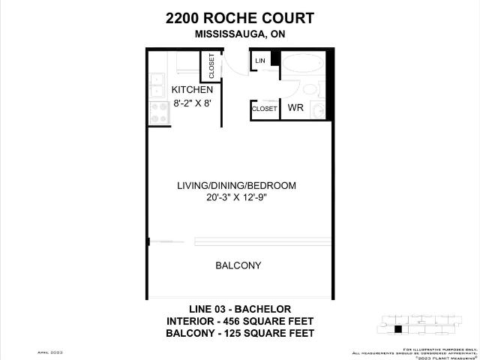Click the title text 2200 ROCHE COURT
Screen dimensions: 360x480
(x=239, y=18)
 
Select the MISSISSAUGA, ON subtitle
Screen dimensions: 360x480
(x=239, y=34)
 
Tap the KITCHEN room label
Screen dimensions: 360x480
(x=176, y=90)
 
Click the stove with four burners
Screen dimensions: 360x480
(x=159, y=112)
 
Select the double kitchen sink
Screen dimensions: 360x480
(x=157, y=85)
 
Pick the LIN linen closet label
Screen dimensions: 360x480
(x=260, y=61)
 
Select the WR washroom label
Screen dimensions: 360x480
(x=295, y=108)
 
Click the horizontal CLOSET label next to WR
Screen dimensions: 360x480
(x=264, y=109)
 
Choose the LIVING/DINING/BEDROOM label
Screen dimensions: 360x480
(x=236, y=185)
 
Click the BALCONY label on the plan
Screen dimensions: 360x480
(x=238, y=265)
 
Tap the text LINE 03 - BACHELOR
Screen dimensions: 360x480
(x=239, y=309)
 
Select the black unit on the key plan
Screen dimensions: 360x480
(x=398, y=328)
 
